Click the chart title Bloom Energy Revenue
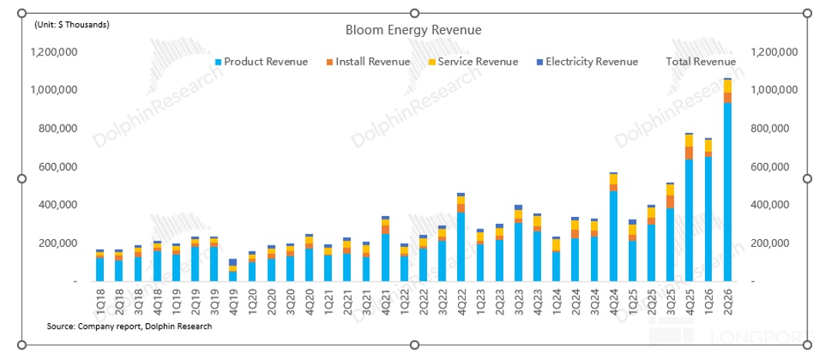[x=413, y=30]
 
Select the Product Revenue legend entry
[x=262, y=62]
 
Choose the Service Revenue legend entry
[x=473, y=62]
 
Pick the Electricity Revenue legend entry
[x=588, y=62]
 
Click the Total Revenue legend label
[x=701, y=62]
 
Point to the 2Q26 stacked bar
[x=728, y=180]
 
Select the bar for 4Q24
[x=613, y=227]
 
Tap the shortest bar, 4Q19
[x=233, y=271]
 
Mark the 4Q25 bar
[x=690, y=208]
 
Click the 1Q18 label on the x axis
[x=100, y=299]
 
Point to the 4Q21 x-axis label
[x=385, y=299]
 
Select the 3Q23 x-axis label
[x=518, y=299]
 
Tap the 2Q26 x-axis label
[x=728, y=299]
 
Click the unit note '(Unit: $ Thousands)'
[x=72, y=25]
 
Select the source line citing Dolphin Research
[x=129, y=326]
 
